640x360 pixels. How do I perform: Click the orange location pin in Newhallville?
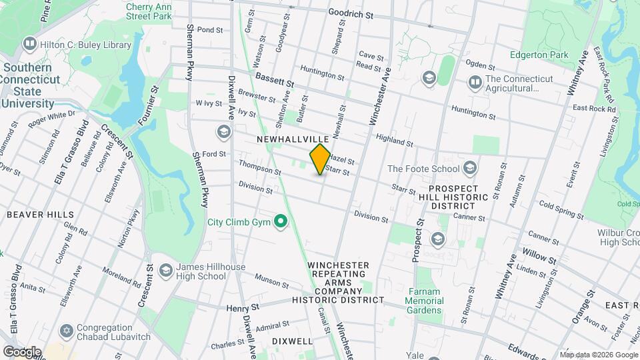point(320,159)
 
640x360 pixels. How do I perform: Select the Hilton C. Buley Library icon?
point(29,45)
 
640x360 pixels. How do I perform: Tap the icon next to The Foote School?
point(471,168)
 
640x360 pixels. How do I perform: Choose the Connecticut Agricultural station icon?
point(475,83)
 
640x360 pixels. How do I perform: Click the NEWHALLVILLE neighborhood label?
point(293,139)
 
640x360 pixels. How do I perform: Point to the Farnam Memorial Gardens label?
point(424,305)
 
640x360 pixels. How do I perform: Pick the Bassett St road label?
point(274,80)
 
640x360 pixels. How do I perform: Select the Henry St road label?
point(241,308)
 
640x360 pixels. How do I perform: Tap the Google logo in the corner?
point(22,351)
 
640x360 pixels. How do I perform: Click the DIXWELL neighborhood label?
point(292,341)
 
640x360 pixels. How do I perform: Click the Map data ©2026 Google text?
point(598,355)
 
